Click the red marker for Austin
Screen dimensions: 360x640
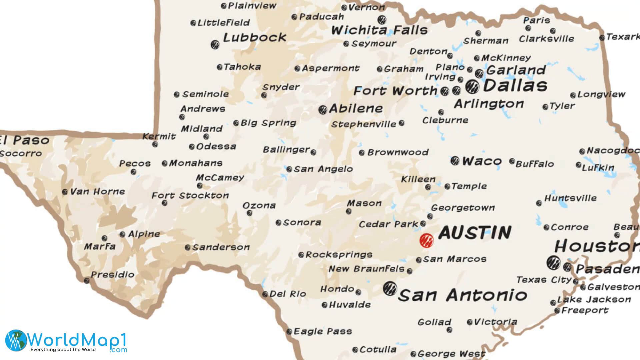coord(426,240)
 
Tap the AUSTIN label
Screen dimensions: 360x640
coord(475,233)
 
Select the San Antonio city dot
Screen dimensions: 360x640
coord(389,288)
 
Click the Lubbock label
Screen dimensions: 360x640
coord(254,37)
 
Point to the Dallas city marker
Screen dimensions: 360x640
coord(472,87)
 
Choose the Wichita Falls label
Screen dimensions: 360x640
coord(379,30)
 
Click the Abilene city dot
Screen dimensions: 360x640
coord(322,110)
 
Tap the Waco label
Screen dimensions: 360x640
coord(482,161)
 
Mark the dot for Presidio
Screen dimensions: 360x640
coord(87,280)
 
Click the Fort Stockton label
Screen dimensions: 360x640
coord(190,195)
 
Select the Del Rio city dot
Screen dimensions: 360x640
coord(265,294)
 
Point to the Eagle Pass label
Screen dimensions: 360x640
coord(323,331)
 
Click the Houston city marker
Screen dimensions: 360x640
coord(553,263)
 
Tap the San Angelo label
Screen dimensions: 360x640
coord(323,169)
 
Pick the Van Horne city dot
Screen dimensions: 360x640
coord(65,192)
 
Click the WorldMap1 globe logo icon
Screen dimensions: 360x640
coord(16,340)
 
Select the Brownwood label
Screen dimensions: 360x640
coord(398,152)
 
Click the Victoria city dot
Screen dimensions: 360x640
coord(470,322)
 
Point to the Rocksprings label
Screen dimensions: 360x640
coord(339,255)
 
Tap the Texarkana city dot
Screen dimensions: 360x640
coord(602,38)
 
